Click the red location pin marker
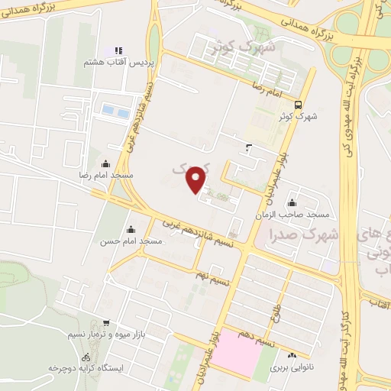197,179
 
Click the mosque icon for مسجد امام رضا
105,163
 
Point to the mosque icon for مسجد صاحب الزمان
292,202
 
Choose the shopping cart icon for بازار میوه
105,323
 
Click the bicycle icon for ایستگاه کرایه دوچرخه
86,357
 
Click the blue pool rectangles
117,111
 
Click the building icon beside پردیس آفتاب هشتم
118,50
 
